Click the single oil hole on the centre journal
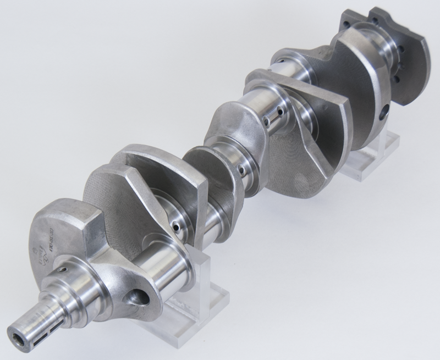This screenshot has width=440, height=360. [242, 171]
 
